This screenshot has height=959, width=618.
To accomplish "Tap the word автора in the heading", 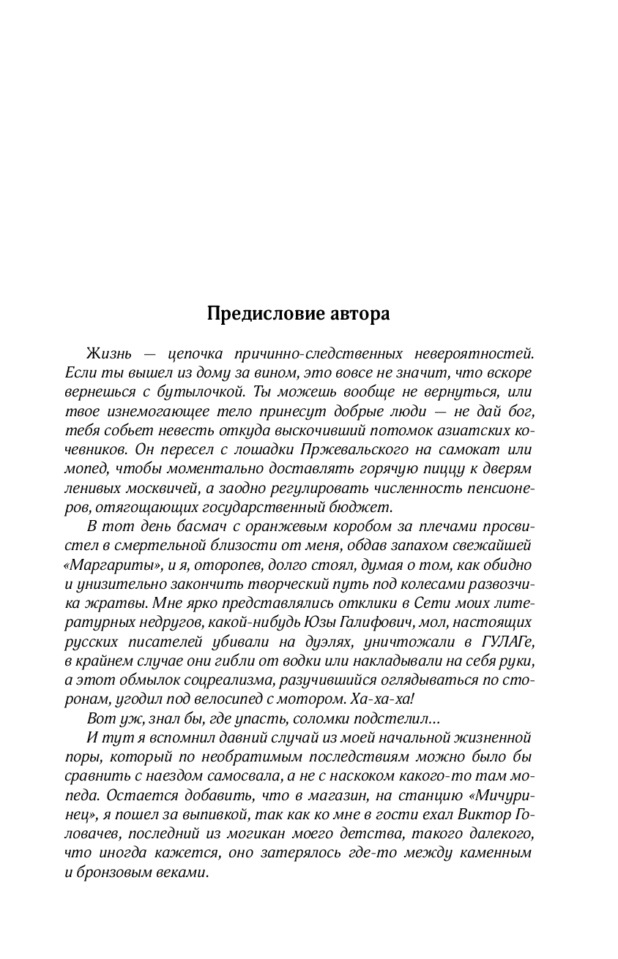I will (x=354, y=314).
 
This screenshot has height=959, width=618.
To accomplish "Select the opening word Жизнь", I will (x=108, y=354).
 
